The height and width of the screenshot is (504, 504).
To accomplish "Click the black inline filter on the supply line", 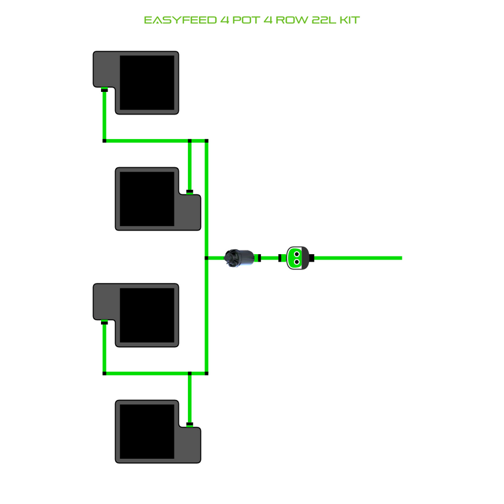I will [239, 257].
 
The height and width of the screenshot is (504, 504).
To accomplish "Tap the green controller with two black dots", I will [296, 257].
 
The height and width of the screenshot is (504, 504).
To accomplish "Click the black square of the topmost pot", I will [146, 83].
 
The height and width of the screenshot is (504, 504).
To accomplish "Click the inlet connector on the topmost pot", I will [104, 90].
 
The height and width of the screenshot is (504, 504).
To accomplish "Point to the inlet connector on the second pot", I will [190, 192].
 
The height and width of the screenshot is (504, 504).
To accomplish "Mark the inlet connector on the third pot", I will [104, 322].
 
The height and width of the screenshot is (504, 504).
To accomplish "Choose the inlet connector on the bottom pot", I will [190, 424].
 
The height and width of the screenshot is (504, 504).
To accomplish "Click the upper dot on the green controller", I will [296, 252].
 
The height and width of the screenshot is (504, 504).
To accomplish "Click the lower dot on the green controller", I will [296, 262].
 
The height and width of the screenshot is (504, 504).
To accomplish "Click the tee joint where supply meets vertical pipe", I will [207, 258].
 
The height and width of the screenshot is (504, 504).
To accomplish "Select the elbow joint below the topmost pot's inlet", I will [104, 141].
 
